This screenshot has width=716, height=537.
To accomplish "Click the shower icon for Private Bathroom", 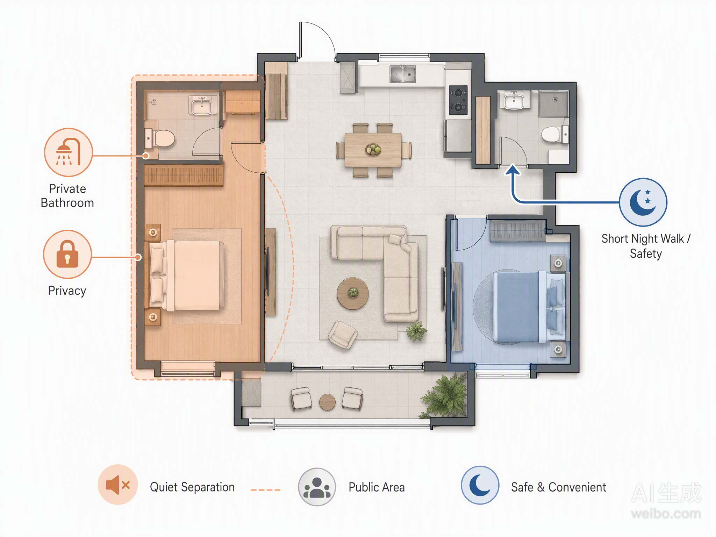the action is [69, 152].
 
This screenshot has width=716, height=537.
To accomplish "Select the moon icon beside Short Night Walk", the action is [643, 202].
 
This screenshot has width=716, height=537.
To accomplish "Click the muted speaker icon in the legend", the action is [118, 485].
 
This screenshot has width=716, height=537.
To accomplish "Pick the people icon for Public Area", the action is [317, 487].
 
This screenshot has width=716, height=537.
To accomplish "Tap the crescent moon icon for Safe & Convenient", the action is [480, 485].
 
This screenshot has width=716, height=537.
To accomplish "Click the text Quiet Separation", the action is [192, 487].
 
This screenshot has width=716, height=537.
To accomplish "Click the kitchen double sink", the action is [403, 74].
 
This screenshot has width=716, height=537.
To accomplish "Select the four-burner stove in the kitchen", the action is [458, 100].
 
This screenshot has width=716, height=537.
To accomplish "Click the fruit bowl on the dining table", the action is [373, 150].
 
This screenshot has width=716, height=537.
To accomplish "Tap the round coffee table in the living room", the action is [352, 294].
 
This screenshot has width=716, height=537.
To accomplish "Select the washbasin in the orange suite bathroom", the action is [201, 106].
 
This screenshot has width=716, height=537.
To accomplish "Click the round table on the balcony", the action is [327, 402].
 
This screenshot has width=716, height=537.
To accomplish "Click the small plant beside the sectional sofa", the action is [416, 331].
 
